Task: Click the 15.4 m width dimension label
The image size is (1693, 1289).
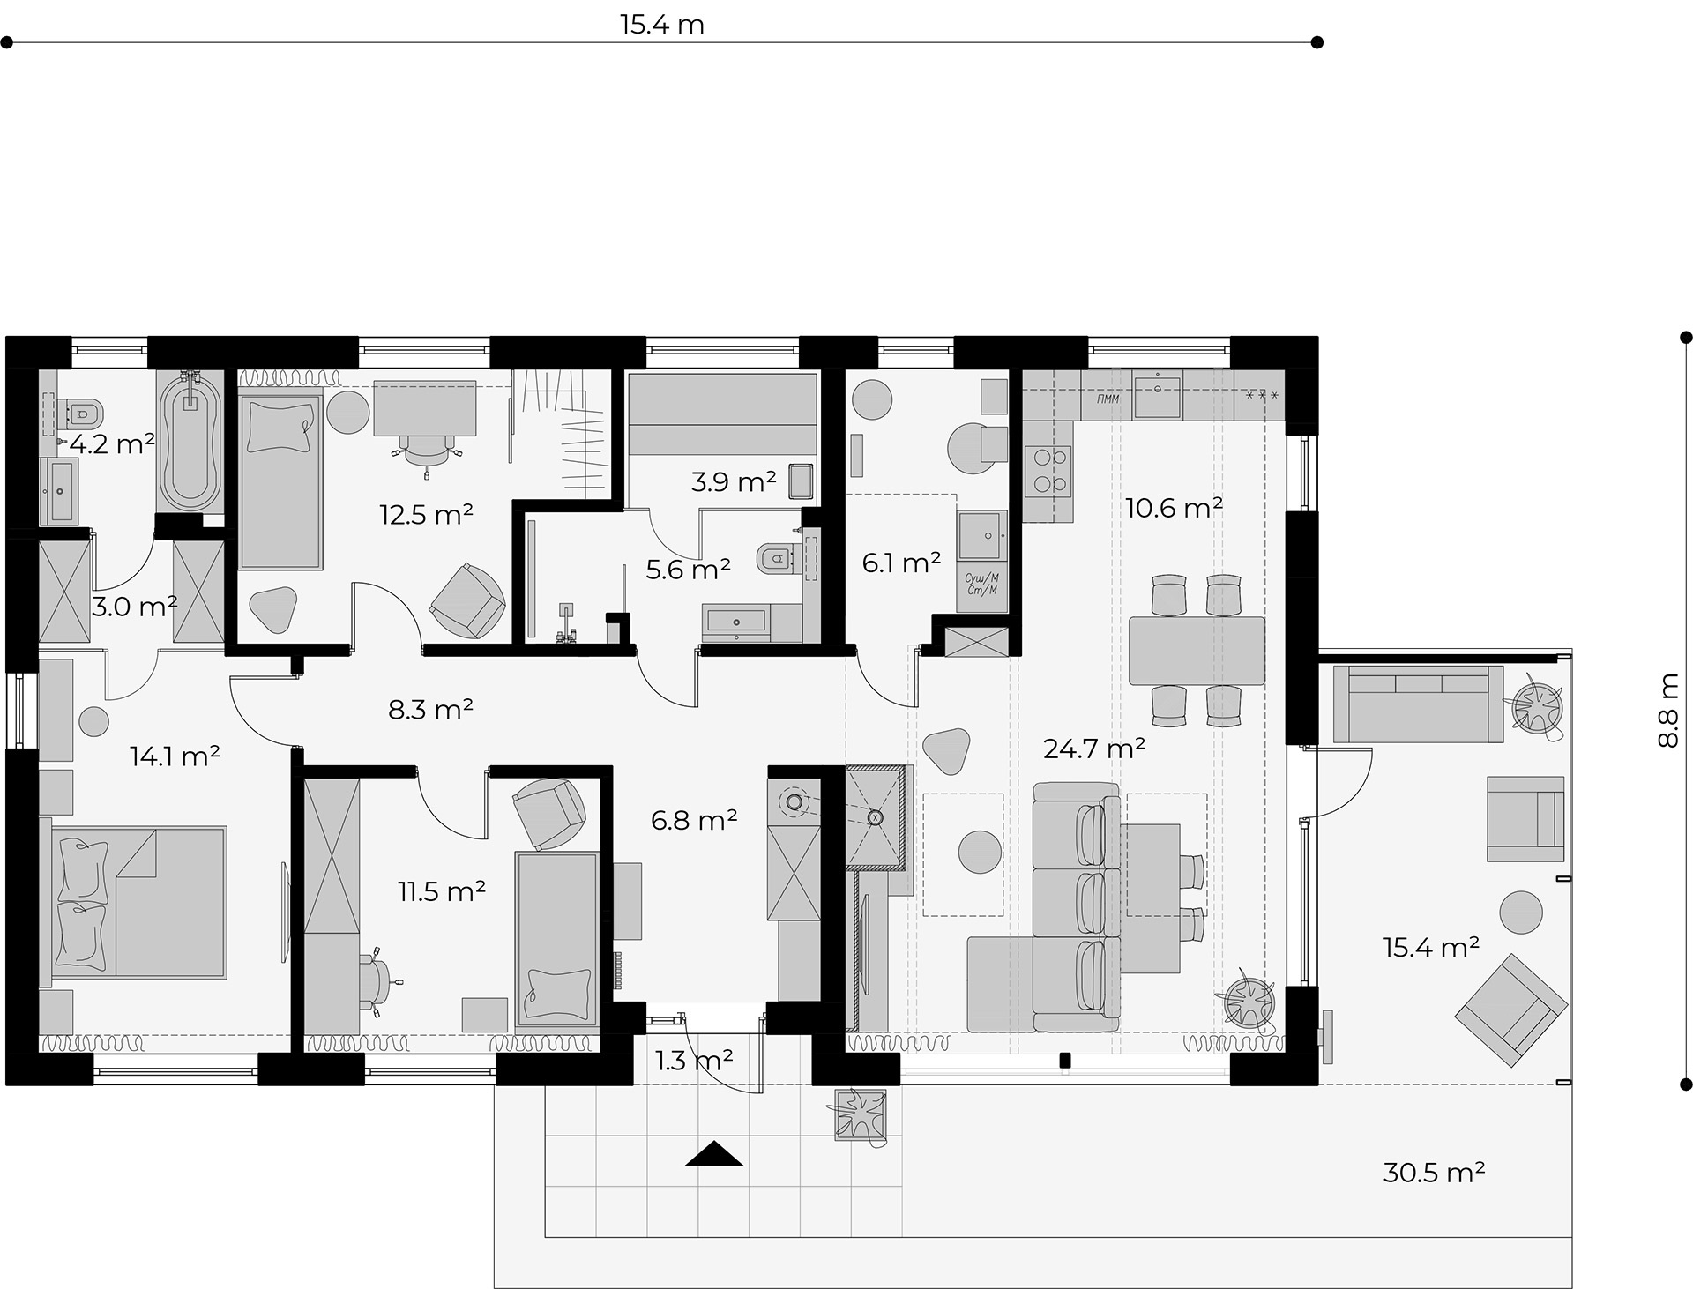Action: tap(661, 24)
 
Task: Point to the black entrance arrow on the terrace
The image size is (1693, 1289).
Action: tap(714, 1153)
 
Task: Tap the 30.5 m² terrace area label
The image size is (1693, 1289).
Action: tap(1434, 1172)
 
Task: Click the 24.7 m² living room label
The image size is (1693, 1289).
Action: tap(1094, 749)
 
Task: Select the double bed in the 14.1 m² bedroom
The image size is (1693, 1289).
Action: tap(132, 902)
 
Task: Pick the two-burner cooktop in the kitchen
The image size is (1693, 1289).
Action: tap(1048, 471)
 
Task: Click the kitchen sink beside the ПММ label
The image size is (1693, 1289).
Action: tap(1157, 394)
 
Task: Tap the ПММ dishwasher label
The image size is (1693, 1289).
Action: tap(1108, 399)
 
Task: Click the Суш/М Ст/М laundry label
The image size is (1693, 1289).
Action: tap(981, 584)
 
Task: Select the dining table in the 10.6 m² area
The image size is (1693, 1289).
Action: tap(1197, 651)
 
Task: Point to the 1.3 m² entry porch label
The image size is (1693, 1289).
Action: tap(695, 1060)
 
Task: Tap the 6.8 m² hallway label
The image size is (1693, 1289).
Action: tap(694, 820)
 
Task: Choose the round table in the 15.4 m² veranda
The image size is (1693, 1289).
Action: tap(1521, 912)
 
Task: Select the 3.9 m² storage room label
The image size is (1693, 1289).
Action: tap(734, 482)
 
